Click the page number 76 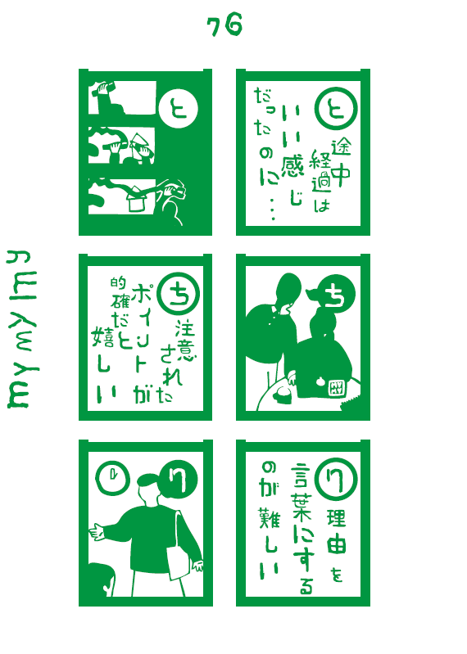click(x=224, y=25)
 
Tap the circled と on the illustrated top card click(x=179, y=108)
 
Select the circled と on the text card click(x=336, y=108)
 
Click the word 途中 click(x=341, y=163)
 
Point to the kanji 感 click(x=292, y=165)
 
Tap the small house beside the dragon click(x=136, y=199)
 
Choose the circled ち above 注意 click(x=179, y=293)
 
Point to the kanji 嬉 click(x=102, y=337)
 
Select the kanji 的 click(x=118, y=282)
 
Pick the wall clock click(x=113, y=478)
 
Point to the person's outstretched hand click(x=97, y=532)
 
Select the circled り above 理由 click(x=336, y=480)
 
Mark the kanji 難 click(x=270, y=518)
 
